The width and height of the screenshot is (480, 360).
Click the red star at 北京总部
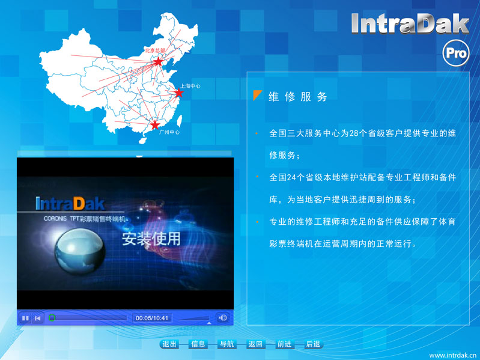pos(158,61)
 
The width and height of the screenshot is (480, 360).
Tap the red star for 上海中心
pos(179,93)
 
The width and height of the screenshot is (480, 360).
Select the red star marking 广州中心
pos(155,124)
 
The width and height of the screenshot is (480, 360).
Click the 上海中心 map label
pos(190,86)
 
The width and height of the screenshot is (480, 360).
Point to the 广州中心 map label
pos(169,132)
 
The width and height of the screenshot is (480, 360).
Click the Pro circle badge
pos(456,53)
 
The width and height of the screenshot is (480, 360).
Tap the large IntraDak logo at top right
pos(410,23)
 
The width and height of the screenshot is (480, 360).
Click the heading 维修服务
pos(298,97)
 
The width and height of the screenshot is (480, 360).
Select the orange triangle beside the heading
pos(257,95)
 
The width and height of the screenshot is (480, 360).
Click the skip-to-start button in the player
pos(38,319)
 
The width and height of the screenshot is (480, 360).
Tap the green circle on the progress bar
pos(52,318)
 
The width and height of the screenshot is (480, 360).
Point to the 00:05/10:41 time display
pos(152,318)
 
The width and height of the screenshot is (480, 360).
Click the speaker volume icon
pos(222,318)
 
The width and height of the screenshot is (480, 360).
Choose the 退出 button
pos(169,344)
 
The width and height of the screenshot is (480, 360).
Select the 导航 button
pos(227,344)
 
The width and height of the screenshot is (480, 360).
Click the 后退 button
pos(313,344)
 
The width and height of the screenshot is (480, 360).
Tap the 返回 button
pos(255,344)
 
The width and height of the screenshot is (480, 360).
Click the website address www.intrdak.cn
pos(454,355)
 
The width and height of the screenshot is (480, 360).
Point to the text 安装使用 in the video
pos(151,239)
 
